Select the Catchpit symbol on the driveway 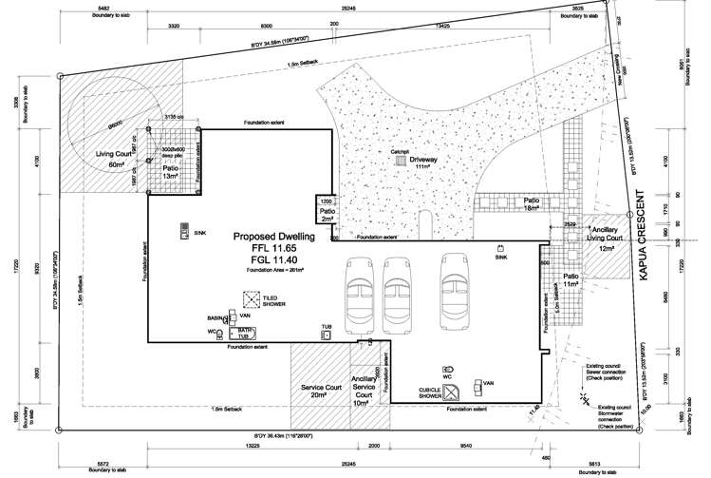(401, 163)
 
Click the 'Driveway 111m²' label (423, 163)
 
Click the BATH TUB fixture (244, 333)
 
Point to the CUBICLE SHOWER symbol (455, 390)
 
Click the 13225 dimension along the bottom (252, 445)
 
